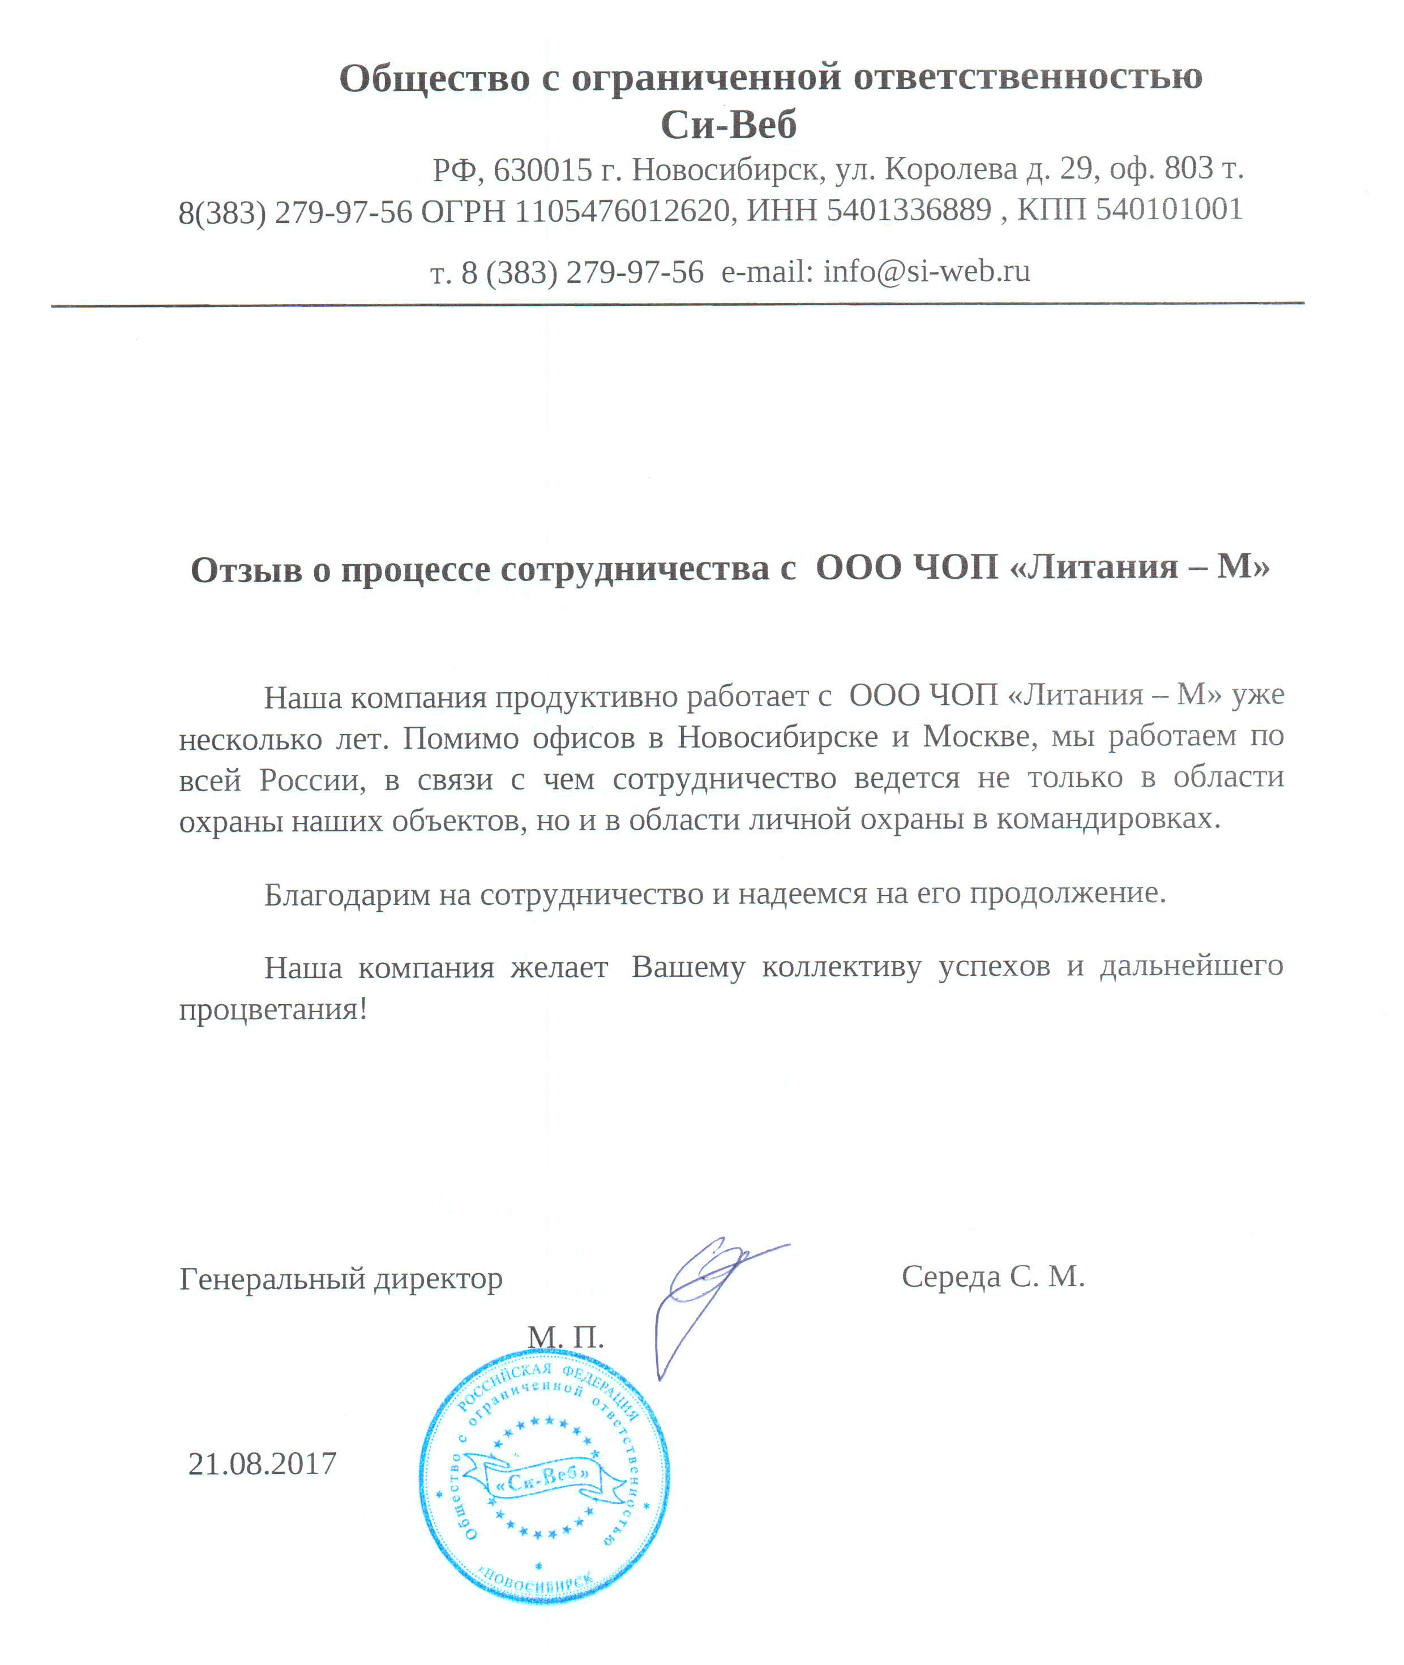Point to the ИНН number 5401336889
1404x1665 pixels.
[x=909, y=210]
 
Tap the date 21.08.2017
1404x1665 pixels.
[x=262, y=1463]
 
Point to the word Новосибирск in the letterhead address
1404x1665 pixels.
[x=726, y=169]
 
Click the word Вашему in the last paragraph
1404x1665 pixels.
[x=688, y=967]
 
